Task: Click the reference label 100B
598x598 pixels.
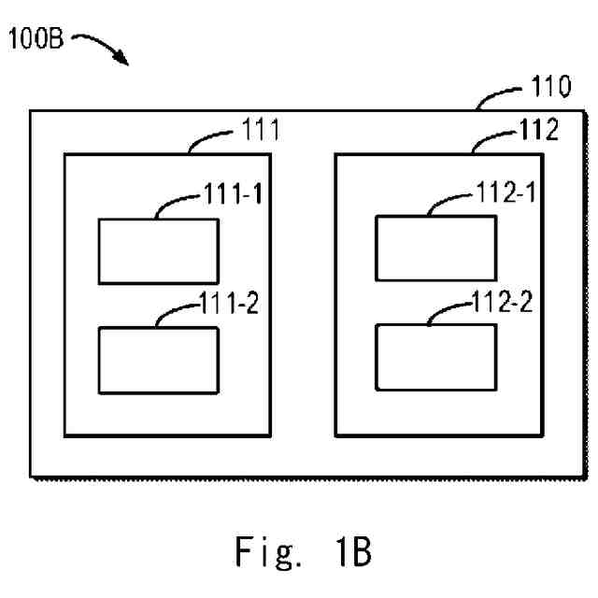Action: coord(36,42)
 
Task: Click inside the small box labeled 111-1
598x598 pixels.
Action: coord(159,250)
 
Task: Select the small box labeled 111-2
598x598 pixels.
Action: coord(159,359)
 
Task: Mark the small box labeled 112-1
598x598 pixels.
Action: coord(435,247)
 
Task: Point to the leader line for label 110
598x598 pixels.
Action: coord(497,96)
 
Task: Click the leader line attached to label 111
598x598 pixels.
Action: coord(210,137)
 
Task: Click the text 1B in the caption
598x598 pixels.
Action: coord(352,551)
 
